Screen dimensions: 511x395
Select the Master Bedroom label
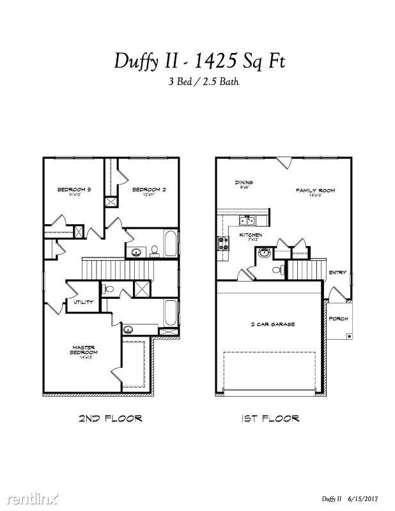pyautogui.click(x=84, y=351)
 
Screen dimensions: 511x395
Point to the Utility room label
pyautogui.click(x=83, y=302)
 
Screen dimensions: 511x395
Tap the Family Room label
pyautogui.click(x=315, y=190)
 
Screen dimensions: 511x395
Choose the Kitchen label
pyautogui.click(x=251, y=235)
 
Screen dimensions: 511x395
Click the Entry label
pyautogui.click(x=337, y=273)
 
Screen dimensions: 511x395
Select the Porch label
pyautogui.click(x=338, y=318)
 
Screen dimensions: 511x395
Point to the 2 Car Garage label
pyautogui.click(x=272, y=324)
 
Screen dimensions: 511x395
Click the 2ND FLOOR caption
pyautogui.click(x=110, y=418)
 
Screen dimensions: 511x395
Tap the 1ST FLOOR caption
pyautogui.click(x=270, y=418)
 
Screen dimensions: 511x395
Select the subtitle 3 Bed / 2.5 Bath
pyautogui.click(x=198, y=81)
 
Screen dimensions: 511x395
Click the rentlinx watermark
pyautogui.click(x=30, y=496)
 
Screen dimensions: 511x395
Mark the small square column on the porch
pyautogui.click(x=348, y=335)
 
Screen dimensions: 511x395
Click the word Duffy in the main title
pyautogui.click(x=136, y=61)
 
